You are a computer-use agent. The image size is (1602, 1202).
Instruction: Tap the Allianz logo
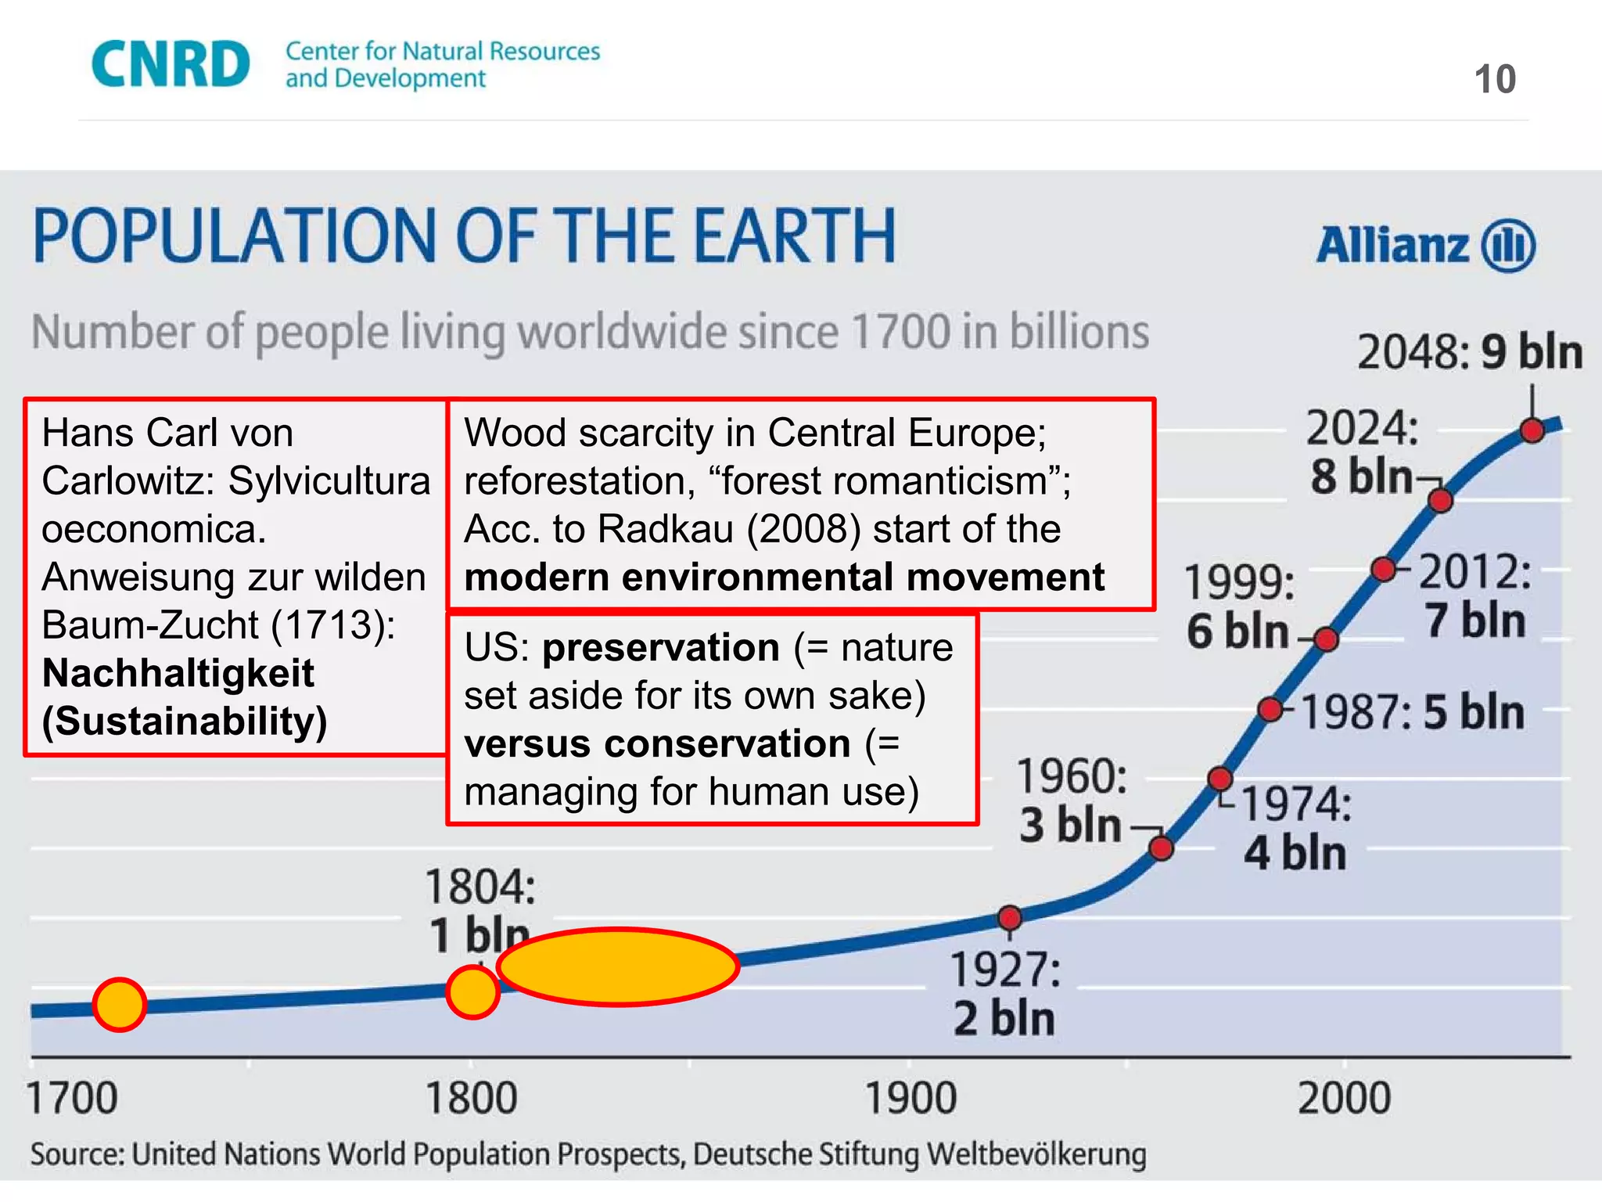pos(1425,245)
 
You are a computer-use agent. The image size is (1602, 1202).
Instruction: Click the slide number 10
pos(1495,80)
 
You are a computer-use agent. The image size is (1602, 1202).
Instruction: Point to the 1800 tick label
pos(471,1098)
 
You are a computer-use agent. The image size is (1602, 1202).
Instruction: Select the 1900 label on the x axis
pos(911,1098)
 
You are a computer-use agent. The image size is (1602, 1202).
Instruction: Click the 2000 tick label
pos(1344,1098)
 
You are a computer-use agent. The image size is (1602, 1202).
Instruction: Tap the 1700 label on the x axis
pos(72,1098)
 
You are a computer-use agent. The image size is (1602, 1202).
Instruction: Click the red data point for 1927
pos(1010,917)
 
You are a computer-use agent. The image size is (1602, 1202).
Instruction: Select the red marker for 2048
pos(1532,430)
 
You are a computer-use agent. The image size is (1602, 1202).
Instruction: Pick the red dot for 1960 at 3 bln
pos(1162,848)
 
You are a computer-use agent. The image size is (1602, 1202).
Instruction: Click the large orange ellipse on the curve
pos(618,966)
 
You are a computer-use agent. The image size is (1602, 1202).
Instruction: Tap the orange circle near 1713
pos(120,1005)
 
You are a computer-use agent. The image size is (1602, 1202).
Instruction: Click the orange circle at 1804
pos(472,991)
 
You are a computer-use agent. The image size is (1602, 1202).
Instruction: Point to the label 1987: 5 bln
pos(1413,713)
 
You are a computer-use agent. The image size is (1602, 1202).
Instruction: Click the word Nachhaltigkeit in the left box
pos(178,673)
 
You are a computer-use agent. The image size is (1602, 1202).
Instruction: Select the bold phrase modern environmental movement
pos(784,578)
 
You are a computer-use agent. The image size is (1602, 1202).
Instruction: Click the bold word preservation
pos(661,648)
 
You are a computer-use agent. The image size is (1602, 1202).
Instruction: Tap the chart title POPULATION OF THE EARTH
pos(465,236)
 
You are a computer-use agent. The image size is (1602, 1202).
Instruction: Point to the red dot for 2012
pos(1384,569)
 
